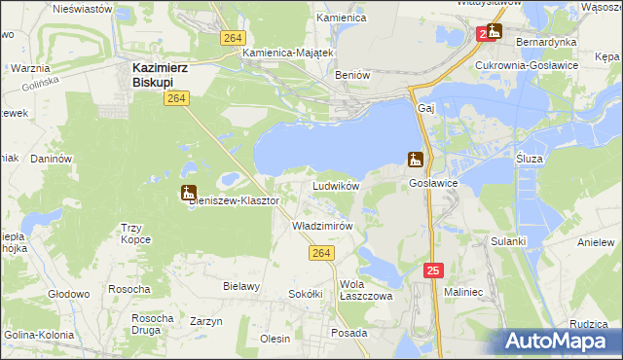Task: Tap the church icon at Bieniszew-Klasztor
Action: coord(188,193)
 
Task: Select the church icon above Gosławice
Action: coord(416,160)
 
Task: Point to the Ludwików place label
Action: coord(336,185)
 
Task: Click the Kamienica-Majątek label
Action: coord(288,53)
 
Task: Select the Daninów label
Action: coord(52,158)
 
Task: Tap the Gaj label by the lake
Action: coord(424,108)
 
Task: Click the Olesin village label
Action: coord(275,339)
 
